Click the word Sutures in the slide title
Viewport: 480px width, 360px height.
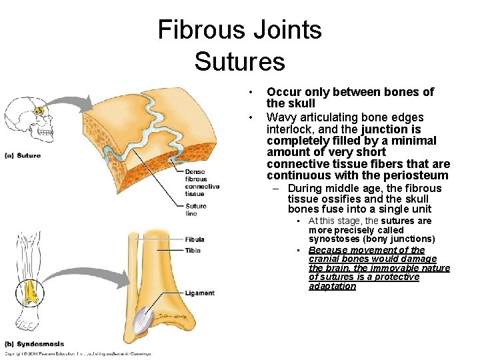[x=239, y=61]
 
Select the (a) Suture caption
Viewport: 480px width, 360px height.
[x=23, y=155]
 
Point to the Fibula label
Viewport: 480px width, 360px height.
[x=195, y=239]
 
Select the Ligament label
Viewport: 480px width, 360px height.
[x=200, y=293]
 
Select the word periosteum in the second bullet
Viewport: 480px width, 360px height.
[x=413, y=175]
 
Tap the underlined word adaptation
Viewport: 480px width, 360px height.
[x=332, y=286]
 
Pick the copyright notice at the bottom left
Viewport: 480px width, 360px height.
[x=77, y=354]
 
